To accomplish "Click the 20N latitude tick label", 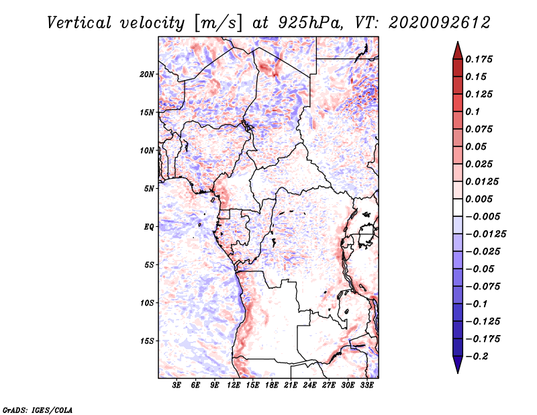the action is (146, 75).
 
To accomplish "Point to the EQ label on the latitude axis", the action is (148, 227).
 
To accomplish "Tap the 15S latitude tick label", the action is (146, 341).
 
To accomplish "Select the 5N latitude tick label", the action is (148, 189).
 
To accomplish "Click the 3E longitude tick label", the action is (177, 385).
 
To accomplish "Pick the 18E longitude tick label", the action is (271, 385).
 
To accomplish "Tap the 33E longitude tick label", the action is (367, 385).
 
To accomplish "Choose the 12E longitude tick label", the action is (233, 385).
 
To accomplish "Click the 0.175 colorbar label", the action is (479, 60).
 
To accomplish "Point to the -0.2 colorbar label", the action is (477, 357).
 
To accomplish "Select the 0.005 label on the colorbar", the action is (479, 199).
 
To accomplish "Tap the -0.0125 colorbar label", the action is (485, 234).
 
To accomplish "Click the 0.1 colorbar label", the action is (473, 111).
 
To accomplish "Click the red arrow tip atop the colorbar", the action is (458, 42).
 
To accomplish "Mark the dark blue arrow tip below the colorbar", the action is (458, 373).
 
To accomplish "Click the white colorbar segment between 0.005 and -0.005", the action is (458, 207).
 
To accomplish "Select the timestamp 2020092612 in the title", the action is (440, 23).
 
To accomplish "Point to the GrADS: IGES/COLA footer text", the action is (38, 410).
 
